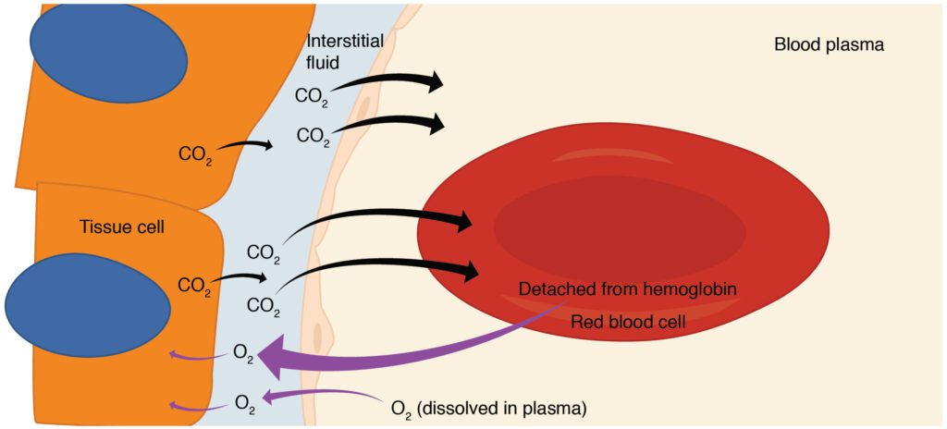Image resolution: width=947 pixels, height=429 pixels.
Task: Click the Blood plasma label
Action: [829, 43]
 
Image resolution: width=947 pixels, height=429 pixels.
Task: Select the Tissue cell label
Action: [121, 227]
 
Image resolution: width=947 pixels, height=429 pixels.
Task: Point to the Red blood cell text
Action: [628, 323]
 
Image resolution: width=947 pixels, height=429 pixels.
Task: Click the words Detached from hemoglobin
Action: [627, 288]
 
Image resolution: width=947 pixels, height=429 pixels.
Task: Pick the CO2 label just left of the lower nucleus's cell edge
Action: [194, 286]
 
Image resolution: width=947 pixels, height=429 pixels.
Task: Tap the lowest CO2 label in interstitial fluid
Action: [264, 304]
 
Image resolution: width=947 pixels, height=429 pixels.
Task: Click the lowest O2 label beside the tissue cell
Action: [243, 402]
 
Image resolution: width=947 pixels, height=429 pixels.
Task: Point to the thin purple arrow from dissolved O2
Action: [324, 397]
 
